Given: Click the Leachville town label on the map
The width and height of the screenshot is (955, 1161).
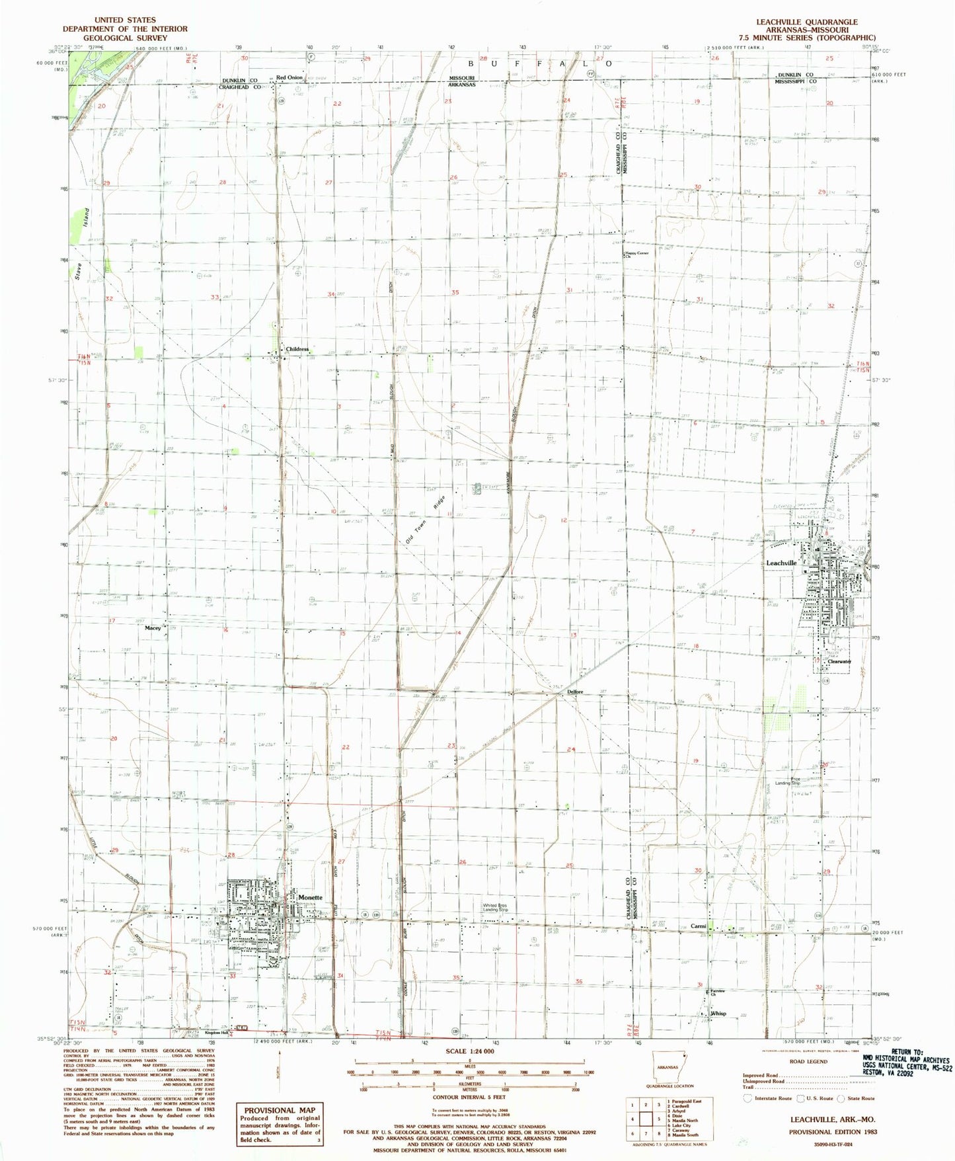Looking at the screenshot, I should coord(781,563).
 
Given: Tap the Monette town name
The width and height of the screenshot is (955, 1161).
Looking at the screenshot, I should coord(310,897).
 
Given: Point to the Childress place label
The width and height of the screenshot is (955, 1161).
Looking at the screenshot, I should coord(297,349).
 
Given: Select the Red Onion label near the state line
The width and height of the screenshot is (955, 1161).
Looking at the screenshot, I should coord(289,78).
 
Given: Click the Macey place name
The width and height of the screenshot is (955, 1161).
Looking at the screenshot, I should coord(153,628).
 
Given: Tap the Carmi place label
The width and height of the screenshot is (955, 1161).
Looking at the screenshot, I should coord(698,926).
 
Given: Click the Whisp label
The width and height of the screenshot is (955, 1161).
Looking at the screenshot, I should coord(718,1014).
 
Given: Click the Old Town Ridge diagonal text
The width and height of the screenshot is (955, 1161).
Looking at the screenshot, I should coord(427,520).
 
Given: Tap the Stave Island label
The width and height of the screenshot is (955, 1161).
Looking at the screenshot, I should coord(81,239).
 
